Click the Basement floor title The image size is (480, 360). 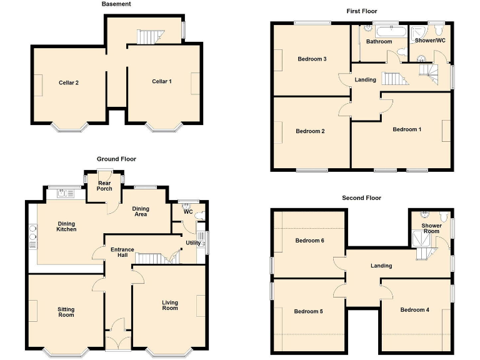pos(116,4)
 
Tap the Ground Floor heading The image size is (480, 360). pos(116,159)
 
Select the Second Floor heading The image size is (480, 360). pos(361,198)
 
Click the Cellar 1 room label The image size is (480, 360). pos(161,81)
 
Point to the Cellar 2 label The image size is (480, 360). pos(69,82)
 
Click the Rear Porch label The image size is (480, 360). pos(104,186)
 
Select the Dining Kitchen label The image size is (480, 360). pos(67,226)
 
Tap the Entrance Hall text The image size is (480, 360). pos(122,253)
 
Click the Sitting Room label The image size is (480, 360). pos(66,312)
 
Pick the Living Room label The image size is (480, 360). pos(170,306)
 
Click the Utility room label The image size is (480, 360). pos(193,243)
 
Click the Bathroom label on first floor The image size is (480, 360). pos(379,42)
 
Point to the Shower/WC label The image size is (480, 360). pos(430,41)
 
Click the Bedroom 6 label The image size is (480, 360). pos(309,241)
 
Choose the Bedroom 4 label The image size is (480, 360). pos(415,310)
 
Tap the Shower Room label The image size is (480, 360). pos(431,229)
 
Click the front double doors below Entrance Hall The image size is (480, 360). pos(117,341)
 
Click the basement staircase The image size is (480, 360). pos(150,37)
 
